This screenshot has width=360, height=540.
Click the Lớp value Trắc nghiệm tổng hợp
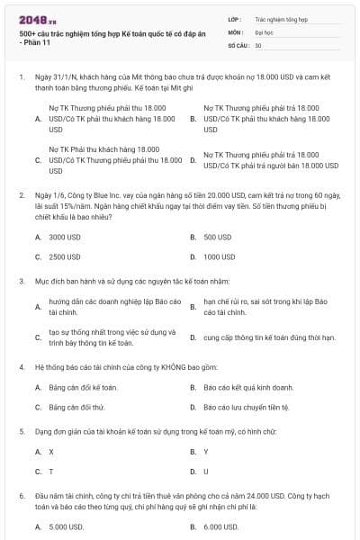click(x=278, y=18)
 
